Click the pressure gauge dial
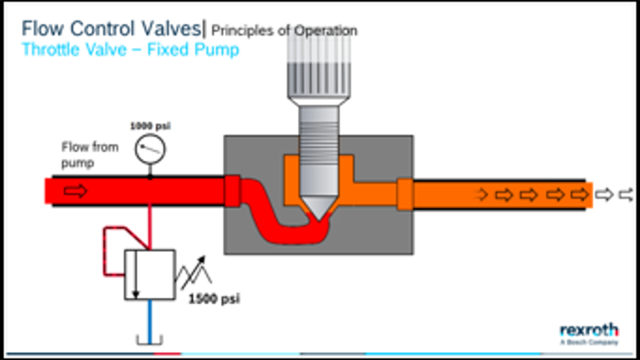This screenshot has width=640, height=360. click(150, 149)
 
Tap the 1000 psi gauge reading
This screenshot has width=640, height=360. click(150, 125)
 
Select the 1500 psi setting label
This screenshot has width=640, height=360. click(213, 299)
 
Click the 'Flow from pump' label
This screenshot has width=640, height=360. click(89, 155)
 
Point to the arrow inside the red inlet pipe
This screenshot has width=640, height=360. click(76, 192)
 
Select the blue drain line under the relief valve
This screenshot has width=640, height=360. click(149, 319)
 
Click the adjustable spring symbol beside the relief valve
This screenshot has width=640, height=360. click(193, 273)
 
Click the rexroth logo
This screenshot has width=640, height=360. click(589, 331)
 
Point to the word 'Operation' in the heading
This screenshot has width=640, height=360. click(324, 31)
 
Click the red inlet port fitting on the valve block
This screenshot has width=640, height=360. click(232, 192)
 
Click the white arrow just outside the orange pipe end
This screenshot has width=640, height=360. click(604, 195)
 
